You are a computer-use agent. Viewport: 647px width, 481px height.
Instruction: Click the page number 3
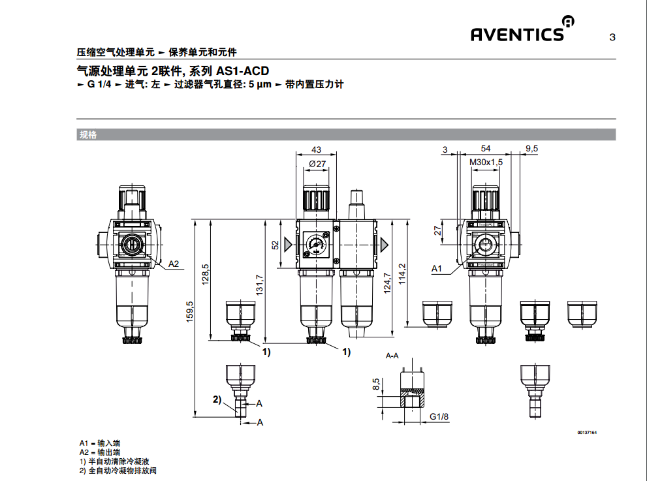point(612,37)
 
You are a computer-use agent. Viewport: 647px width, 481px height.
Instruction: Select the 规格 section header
point(87,135)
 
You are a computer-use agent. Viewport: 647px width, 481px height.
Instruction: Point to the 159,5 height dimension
point(190,316)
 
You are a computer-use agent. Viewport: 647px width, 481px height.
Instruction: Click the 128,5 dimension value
point(205,274)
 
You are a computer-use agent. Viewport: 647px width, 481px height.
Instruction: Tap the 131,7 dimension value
point(259,284)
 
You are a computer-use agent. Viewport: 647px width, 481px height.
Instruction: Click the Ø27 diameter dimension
point(317,163)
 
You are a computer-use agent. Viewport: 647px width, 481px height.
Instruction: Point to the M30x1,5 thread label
point(486,162)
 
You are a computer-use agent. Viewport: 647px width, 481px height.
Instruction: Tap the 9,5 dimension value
point(531,149)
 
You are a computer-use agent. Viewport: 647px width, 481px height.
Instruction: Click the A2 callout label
point(174,264)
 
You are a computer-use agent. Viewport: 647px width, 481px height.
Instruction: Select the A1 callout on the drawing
point(437,268)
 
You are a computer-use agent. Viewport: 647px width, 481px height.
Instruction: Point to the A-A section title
point(392,356)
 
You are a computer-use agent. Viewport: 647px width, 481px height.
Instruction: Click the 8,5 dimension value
point(375,385)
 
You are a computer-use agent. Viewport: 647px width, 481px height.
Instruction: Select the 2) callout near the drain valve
point(217,399)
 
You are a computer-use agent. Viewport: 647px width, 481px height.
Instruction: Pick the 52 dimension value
point(276,245)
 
